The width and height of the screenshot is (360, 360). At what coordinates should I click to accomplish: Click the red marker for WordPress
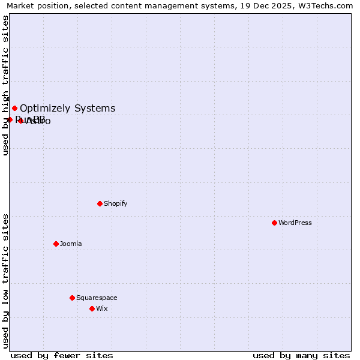click(x=274, y=223)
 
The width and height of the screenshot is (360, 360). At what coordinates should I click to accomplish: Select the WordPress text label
click(x=295, y=223)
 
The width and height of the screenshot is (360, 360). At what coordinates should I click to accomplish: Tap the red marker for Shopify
click(x=100, y=203)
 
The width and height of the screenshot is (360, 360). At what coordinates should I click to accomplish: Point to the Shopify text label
click(x=116, y=203)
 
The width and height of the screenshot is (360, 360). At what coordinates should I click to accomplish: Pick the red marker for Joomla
click(x=56, y=244)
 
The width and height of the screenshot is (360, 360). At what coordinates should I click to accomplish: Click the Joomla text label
click(x=71, y=244)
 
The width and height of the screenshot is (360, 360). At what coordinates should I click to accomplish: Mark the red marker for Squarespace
click(x=72, y=298)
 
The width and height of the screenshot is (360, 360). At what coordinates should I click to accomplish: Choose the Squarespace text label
click(x=97, y=298)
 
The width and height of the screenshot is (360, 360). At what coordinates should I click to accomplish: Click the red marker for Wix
click(x=92, y=308)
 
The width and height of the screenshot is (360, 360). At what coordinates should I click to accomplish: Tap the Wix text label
click(x=102, y=308)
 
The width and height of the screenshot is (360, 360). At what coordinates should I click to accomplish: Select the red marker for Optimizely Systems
click(x=14, y=108)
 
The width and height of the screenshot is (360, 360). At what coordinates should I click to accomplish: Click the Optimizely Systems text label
click(x=68, y=109)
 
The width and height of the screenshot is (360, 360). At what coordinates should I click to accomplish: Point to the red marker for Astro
click(x=20, y=121)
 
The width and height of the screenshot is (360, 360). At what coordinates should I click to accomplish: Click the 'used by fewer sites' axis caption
click(x=62, y=355)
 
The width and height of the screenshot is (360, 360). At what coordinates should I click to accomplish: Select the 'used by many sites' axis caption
click(x=301, y=355)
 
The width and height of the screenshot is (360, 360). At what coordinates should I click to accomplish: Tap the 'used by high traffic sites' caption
click(x=5, y=85)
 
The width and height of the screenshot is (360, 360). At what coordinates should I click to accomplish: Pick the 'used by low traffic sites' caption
click(x=5, y=281)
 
